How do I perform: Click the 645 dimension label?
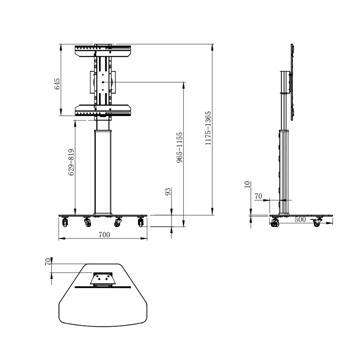[x=58, y=84]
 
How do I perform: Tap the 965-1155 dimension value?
[x=179, y=147]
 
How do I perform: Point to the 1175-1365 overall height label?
[x=208, y=129]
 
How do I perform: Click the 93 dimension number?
[x=168, y=192]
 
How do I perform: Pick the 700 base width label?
[x=104, y=234]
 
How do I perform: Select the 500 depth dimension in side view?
[x=300, y=220]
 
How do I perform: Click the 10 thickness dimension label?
[x=247, y=185]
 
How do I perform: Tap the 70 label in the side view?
[x=258, y=196]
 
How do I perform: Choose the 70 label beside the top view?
[x=48, y=262]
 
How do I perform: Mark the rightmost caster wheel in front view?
[x=140, y=222]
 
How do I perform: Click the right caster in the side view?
[x=317, y=222]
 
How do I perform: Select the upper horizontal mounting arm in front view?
[x=103, y=50]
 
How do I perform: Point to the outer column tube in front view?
[x=103, y=171]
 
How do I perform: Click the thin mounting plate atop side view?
[x=292, y=81]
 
